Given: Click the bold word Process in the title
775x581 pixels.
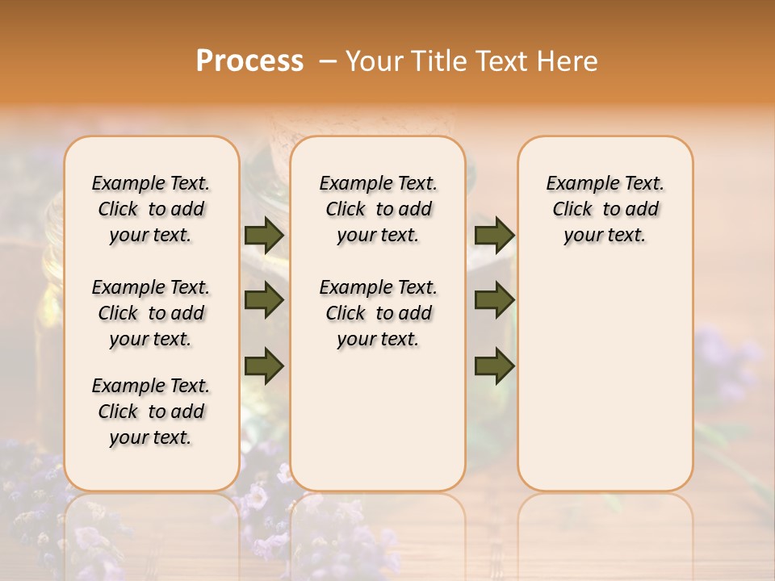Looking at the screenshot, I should [x=249, y=61].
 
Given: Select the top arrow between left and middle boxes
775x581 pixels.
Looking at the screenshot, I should [x=264, y=235].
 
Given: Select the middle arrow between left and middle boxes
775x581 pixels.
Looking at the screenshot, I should [x=264, y=301].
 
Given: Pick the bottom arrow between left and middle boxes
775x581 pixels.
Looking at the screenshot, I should [x=264, y=366].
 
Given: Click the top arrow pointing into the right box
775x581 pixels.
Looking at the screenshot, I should [x=494, y=235].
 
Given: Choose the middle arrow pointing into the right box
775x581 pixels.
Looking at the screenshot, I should [x=494, y=301].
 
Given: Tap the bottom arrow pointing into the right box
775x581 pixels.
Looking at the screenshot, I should [x=494, y=366].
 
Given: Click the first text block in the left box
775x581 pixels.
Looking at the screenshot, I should [x=151, y=209].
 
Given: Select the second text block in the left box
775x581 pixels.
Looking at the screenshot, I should [x=151, y=313].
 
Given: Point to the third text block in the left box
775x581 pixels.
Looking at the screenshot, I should [x=151, y=412].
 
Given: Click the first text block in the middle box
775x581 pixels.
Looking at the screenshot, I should [x=379, y=209].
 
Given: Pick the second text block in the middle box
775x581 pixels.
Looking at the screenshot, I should [x=379, y=313].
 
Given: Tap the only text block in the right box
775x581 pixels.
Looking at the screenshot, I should [x=605, y=209].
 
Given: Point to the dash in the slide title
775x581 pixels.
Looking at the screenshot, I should [x=327, y=62].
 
